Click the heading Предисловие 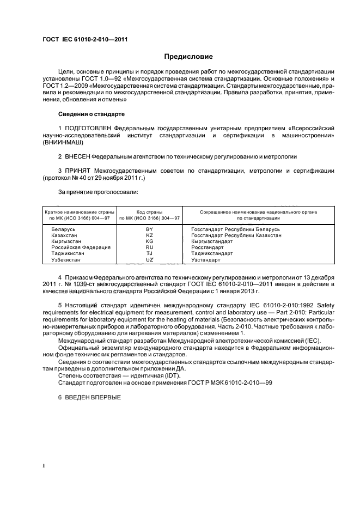click(188, 57)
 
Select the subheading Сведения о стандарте click(91, 114)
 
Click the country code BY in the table click(150, 229)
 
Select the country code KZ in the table click(150, 235)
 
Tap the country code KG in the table click(150, 241)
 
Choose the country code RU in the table click(150, 247)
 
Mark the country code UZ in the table click(150, 259)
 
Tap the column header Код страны click(150, 211)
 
